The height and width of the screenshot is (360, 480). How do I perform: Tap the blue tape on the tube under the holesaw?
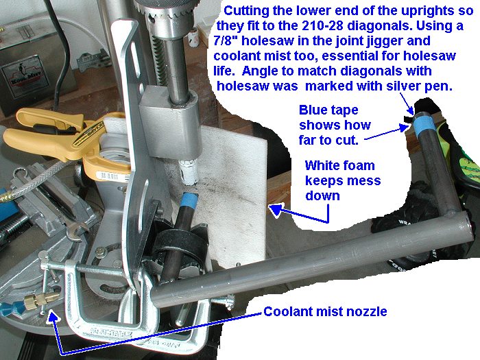click(x=189, y=200)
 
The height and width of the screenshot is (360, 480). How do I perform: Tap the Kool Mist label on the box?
click(x=25, y=77)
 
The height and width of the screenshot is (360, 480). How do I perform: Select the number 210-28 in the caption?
click(x=323, y=26)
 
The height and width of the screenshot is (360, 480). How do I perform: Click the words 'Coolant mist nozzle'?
click(x=325, y=311)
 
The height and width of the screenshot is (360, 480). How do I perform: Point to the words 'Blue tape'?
click(x=328, y=110)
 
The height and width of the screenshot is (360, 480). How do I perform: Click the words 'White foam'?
click(x=340, y=166)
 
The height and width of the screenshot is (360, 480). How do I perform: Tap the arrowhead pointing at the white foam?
click(x=275, y=211)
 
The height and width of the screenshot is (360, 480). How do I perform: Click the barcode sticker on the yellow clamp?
click(x=108, y=176)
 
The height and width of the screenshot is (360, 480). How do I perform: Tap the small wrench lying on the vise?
click(x=75, y=229)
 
